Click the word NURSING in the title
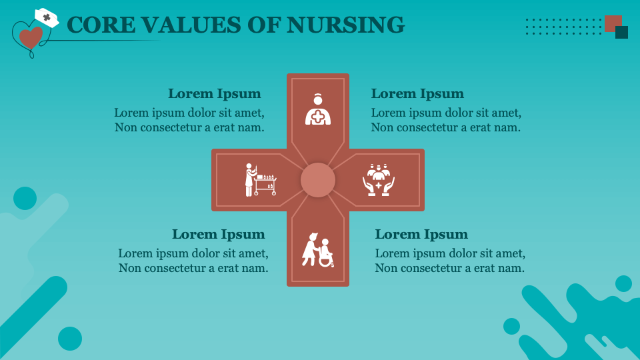(345, 25)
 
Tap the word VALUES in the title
(183, 25)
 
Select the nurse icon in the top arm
(318, 109)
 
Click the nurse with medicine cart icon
(259, 180)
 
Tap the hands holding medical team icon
(379, 179)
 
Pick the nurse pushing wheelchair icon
(317, 249)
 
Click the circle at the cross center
(318, 180)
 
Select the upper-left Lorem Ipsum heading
(214, 94)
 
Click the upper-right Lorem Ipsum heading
(417, 94)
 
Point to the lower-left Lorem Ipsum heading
(218, 235)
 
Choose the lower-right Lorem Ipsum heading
(421, 235)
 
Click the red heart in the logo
(31, 37)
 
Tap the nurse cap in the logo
(47, 17)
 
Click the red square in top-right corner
(612, 23)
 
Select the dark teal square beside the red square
(622, 33)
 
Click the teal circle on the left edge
(25, 198)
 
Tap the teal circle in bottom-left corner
(70, 339)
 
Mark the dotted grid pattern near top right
(563, 27)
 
